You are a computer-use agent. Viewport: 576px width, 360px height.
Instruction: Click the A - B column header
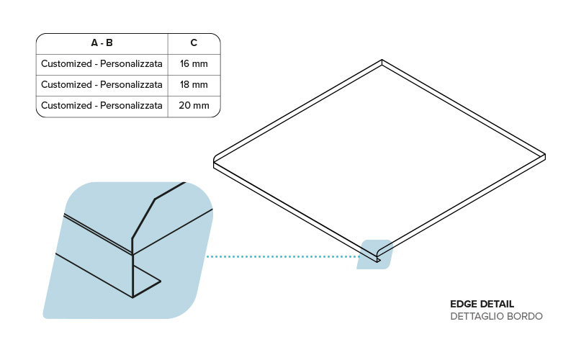pyautogui.click(x=102, y=42)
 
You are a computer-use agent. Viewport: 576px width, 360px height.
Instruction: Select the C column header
pyautogui.click(x=194, y=42)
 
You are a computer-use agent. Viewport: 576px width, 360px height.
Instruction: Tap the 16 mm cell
pyautogui.click(x=194, y=63)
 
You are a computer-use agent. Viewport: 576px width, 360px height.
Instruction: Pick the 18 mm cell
pyautogui.click(x=194, y=84)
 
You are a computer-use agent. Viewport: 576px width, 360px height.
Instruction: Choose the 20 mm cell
pyautogui.click(x=194, y=105)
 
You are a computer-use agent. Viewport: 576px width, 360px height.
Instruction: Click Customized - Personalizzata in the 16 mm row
pyautogui.click(x=102, y=63)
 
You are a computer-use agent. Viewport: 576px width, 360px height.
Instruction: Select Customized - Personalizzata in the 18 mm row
pyautogui.click(x=102, y=84)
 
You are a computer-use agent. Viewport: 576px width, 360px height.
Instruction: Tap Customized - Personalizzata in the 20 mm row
pyautogui.click(x=102, y=105)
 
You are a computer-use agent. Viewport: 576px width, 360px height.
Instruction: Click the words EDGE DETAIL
pyautogui.click(x=482, y=304)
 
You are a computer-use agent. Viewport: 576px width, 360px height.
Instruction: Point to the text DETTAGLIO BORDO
pyautogui.click(x=496, y=316)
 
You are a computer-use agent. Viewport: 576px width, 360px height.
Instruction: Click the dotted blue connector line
pyautogui.click(x=281, y=256)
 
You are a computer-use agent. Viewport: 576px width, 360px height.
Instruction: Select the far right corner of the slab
pyautogui.click(x=544, y=156)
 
